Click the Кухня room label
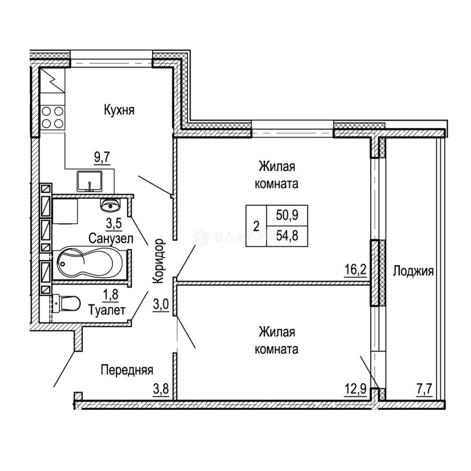[119, 110]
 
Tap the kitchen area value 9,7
[102, 157]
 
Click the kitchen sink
[90, 181]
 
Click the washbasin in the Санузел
[110, 204]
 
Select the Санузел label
[111, 238]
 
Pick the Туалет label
[107, 311]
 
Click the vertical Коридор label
[159, 261]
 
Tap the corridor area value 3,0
[161, 304]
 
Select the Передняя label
[127, 370]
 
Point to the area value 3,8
[161, 388]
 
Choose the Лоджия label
[413, 271]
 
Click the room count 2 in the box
[256, 226]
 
